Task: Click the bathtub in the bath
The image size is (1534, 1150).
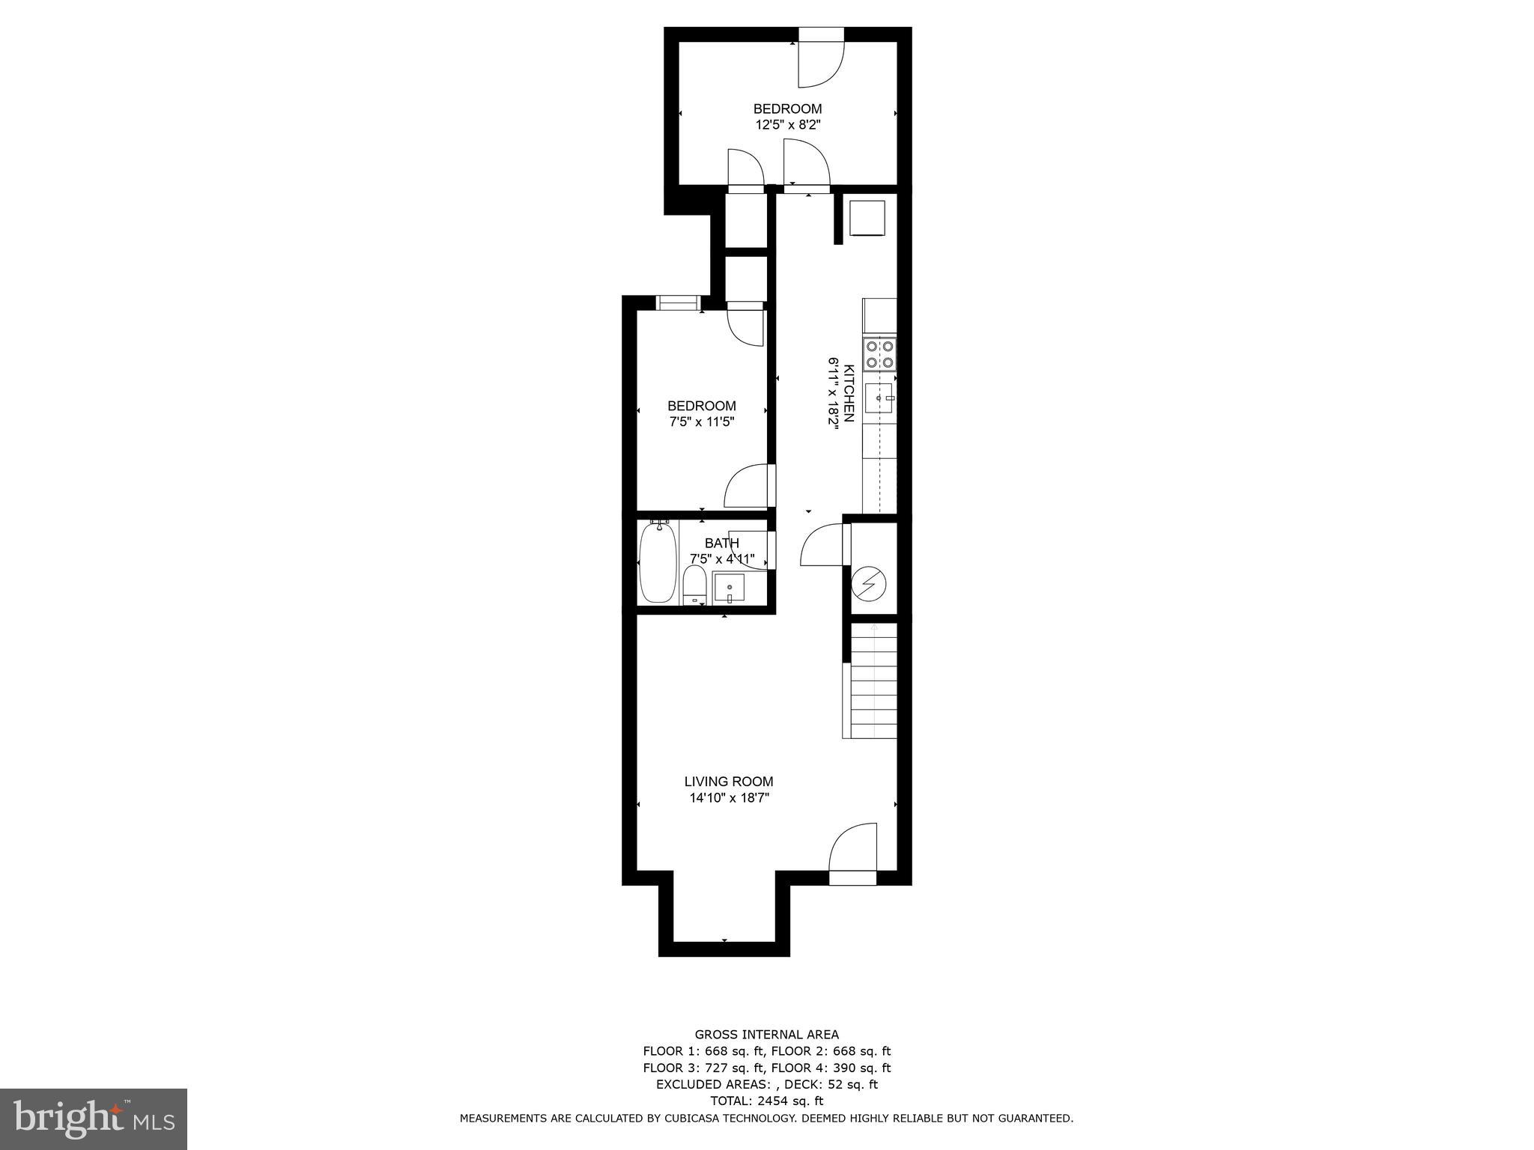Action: pos(658,562)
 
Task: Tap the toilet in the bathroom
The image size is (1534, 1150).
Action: pos(694,585)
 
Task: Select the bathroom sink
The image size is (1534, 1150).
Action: pos(728,587)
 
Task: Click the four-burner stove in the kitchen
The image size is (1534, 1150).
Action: pos(879,354)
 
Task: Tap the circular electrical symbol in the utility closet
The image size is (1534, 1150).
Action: pos(869,582)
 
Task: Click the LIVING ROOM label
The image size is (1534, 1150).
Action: pos(728,782)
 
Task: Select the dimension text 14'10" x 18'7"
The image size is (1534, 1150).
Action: pos(730,798)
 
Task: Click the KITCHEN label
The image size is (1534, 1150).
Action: pos(849,393)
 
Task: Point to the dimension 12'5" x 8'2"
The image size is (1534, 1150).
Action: pos(788,125)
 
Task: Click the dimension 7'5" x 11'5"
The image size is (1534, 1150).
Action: pos(702,422)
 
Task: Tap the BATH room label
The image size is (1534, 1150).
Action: pos(721,543)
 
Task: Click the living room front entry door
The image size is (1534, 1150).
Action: pos(853,854)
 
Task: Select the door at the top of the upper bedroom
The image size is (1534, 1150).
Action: pos(821,60)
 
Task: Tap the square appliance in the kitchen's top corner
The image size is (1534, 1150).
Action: pos(867,217)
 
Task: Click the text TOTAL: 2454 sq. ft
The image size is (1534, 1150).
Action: pos(766,1101)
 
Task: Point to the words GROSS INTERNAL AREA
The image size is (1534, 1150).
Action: pos(766,1035)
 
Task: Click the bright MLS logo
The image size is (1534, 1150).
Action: pos(94,1119)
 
